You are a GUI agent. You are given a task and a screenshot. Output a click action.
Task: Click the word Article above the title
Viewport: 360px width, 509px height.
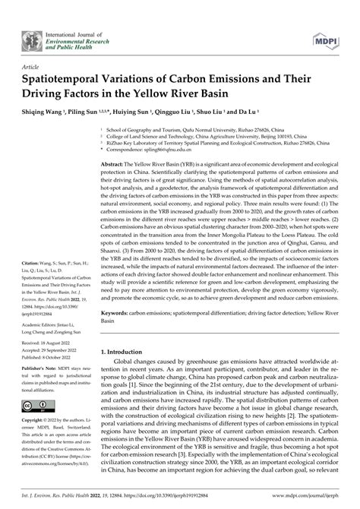pyautogui.click(x=32, y=67)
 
